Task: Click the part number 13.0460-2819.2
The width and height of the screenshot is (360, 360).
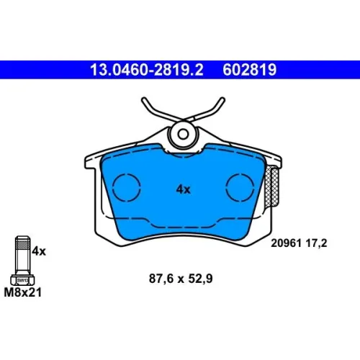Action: pyautogui.click(x=147, y=70)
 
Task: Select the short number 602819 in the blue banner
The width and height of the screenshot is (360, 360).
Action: pyautogui.click(x=250, y=70)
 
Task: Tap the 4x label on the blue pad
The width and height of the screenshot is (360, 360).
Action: pyautogui.click(x=183, y=189)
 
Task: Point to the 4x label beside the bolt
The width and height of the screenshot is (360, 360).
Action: pyautogui.click(x=39, y=251)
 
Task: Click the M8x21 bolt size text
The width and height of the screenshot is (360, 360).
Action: pyautogui.click(x=23, y=292)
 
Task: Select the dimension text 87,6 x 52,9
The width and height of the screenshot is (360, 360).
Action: pyautogui.click(x=181, y=279)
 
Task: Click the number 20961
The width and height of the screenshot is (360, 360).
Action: pyautogui.click(x=286, y=243)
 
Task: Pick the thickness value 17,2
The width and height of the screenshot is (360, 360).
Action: pyautogui.click(x=316, y=243)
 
